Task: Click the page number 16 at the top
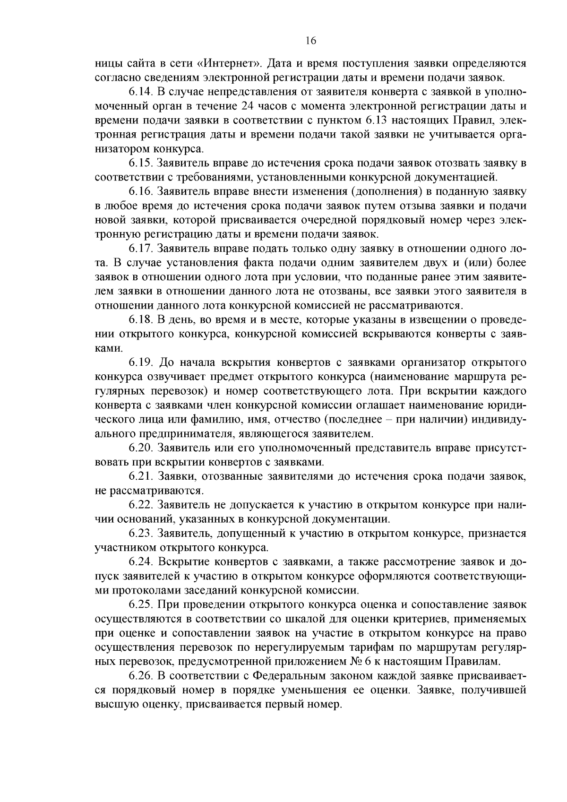point(310,41)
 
